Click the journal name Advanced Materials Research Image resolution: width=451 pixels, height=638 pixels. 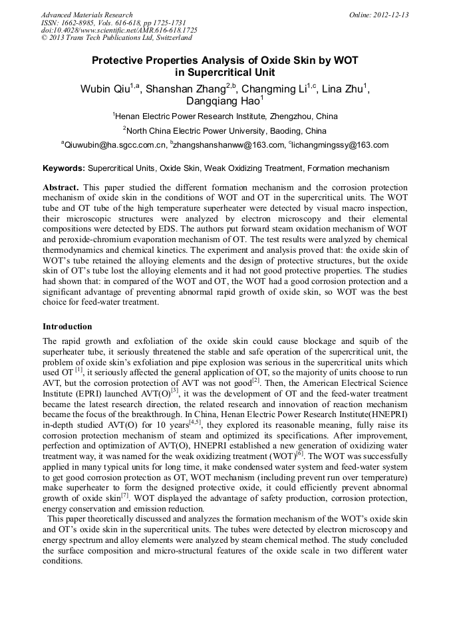pyautogui.click(x=86, y=15)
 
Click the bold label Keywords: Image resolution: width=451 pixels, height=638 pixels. pyautogui.click(x=64, y=169)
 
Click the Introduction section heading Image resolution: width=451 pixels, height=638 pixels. pyautogui.click(x=67, y=327)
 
